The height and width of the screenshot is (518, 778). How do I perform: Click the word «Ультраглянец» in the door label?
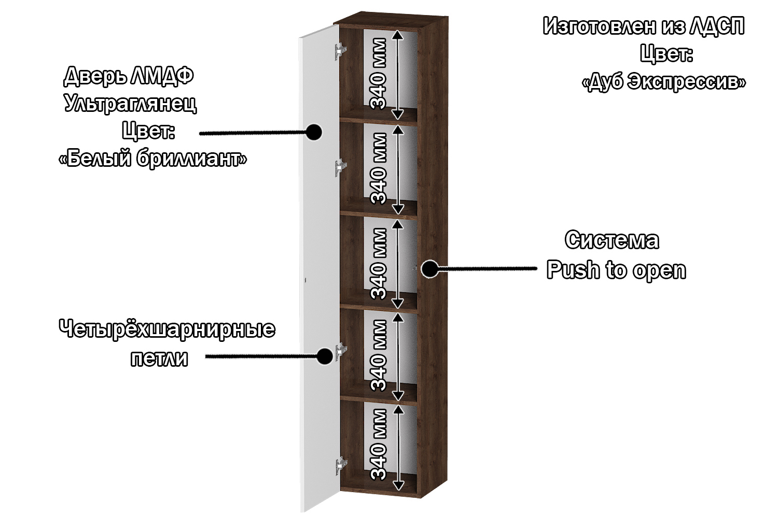[130, 104]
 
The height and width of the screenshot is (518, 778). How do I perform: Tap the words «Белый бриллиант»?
[153, 159]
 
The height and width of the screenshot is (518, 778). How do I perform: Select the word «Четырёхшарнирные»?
[166, 329]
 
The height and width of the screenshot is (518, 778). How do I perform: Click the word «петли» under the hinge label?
[159, 358]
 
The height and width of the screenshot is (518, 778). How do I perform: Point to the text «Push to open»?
[616, 270]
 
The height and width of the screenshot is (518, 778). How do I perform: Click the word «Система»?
[612, 240]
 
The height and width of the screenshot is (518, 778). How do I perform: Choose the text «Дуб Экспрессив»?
[664, 82]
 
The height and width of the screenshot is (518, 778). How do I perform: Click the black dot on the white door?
[313, 132]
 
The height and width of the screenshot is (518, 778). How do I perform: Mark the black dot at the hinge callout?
[325, 356]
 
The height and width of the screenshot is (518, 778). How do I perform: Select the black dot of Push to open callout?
[429, 269]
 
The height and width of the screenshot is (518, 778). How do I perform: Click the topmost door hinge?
[340, 51]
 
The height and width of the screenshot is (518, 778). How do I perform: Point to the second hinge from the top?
[340, 167]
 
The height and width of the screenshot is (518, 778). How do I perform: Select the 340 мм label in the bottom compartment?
[379, 444]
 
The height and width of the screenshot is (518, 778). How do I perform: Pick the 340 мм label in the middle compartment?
[379, 264]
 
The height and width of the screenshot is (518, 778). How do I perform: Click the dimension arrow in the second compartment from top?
[398, 169]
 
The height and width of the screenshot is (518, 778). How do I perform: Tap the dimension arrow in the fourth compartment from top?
[398, 356]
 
